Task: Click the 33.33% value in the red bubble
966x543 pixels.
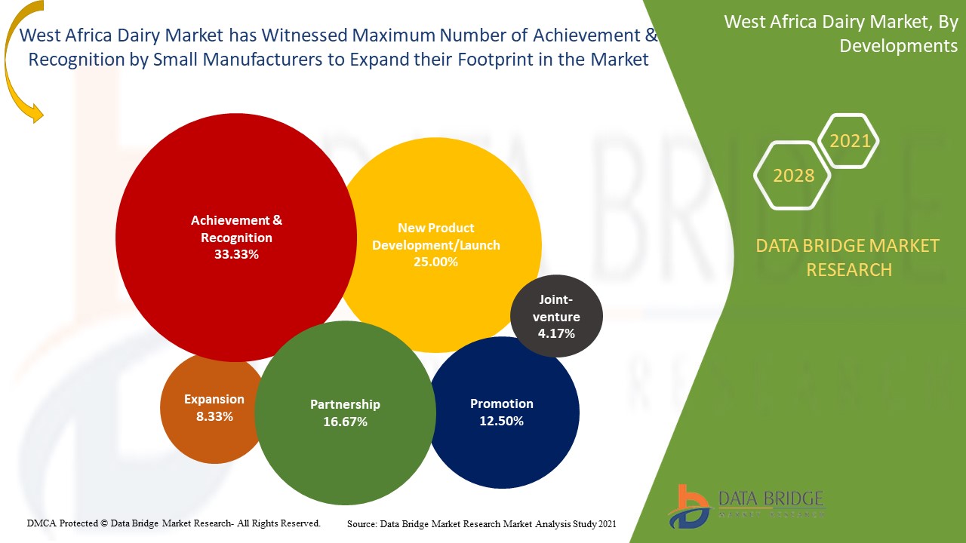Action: [x=236, y=254]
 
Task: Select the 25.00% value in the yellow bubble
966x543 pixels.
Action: [x=435, y=262]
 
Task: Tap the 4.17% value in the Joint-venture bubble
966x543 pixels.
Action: [x=556, y=333]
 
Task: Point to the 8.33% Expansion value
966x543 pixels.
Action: [x=214, y=416]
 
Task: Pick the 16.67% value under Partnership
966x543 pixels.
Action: [x=345, y=422]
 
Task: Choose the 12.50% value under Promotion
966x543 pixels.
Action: [x=502, y=421]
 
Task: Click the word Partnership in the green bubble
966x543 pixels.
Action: [x=345, y=404]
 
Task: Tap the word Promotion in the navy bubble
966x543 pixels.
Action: [x=502, y=403]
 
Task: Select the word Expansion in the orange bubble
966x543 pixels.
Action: [x=214, y=400]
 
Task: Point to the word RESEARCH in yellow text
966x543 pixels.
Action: [x=849, y=270]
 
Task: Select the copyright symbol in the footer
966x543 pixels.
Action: [x=104, y=523]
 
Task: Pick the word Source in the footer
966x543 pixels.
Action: [x=361, y=524]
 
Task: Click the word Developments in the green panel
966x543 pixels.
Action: [x=898, y=46]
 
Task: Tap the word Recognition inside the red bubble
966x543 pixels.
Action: [x=236, y=238]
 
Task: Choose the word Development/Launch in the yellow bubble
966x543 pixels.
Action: [x=436, y=245]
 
